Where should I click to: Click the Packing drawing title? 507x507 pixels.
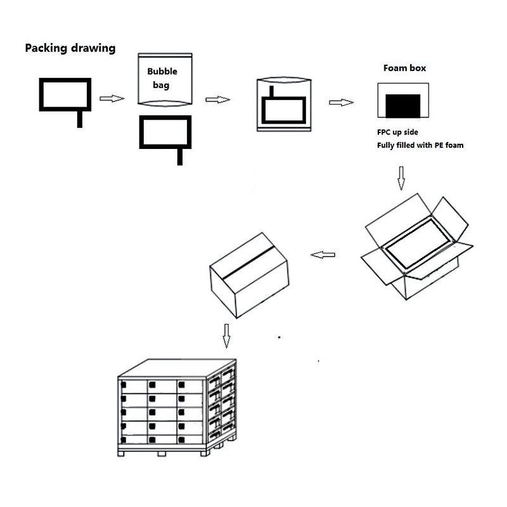coord(70,48)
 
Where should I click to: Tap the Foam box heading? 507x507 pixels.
coord(404,68)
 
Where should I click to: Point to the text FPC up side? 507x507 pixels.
coord(397,133)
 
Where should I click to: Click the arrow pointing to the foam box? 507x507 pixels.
coord(340,102)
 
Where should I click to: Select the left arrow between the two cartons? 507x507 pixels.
coord(323,255)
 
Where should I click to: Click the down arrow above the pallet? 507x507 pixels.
coord(226,335)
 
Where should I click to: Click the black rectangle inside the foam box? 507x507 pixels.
coord(403,105)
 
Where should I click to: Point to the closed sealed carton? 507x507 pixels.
coord(248,276)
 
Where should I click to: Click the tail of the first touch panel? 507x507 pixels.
coord(80,119)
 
